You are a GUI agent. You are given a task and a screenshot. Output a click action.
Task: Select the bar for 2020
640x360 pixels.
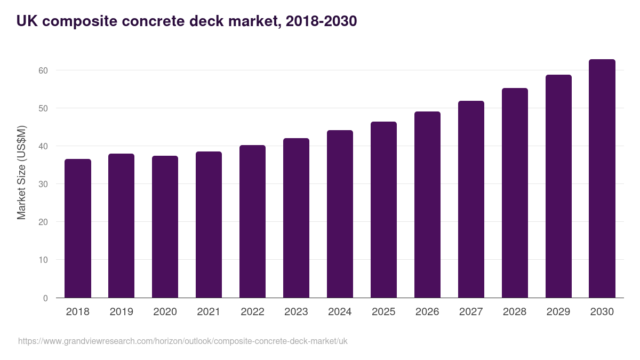point(165,227)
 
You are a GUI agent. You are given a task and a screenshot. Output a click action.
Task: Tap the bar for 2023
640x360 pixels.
point(296,218)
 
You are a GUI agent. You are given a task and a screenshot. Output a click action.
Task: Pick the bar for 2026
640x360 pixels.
point(427,205)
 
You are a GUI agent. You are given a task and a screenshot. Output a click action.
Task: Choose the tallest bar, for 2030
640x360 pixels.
point(602,179)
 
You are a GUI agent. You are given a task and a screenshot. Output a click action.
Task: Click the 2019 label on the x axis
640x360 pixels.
point(122,312)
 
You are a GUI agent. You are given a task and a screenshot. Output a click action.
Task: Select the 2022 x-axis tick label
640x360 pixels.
point(253,312)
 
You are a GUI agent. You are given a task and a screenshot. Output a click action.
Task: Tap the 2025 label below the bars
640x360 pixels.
point(383,312)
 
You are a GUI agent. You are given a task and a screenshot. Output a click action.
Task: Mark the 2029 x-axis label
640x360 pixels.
point(558,312)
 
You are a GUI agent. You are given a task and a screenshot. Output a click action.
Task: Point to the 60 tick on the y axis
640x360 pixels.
point(43,70)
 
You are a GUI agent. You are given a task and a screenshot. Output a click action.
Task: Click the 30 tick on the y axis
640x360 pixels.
point(43,184)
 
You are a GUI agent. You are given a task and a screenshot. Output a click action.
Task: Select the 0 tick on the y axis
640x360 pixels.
point(45,298)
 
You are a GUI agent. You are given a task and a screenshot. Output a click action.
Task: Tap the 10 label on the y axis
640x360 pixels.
point(43,260)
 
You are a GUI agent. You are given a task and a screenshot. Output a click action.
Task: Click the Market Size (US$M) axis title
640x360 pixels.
point(22,172)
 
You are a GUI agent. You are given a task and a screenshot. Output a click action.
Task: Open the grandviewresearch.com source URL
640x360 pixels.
point(182,341)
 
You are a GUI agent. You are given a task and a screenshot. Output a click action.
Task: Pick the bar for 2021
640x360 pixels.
point(209,225)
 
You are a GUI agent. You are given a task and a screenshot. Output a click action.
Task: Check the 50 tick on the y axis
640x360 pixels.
point(43,108)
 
